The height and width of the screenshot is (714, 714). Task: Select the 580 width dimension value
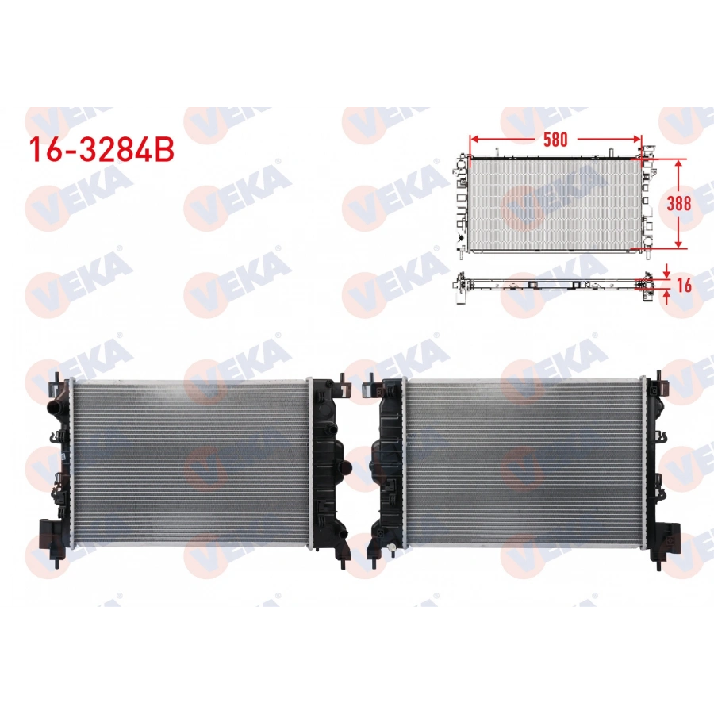pyautogui.click(x=555, y=140)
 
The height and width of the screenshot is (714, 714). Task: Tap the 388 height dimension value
pyautogui.click(x=678, y=202)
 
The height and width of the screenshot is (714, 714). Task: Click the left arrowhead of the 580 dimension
pyautogui.click(x=474, y=140)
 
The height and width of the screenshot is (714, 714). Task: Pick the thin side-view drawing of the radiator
pyautogui.click(x=555, y=283)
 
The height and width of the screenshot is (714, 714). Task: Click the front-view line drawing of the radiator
pyautogui.click(x=555, y=203)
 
